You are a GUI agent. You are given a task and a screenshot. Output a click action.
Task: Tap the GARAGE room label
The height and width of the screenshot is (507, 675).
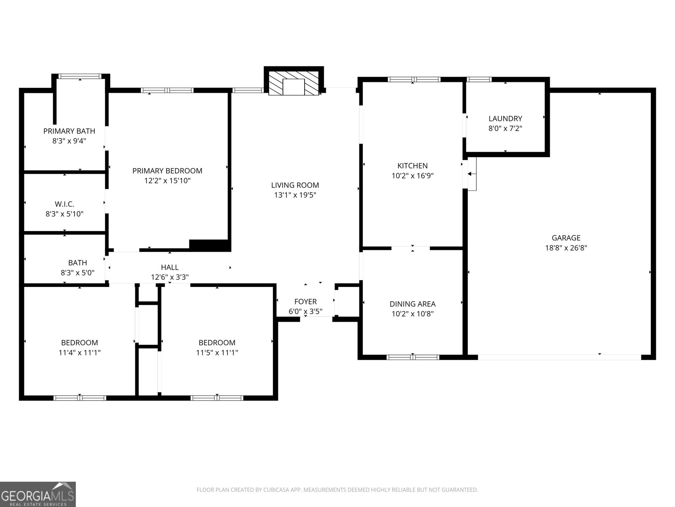point(566,238)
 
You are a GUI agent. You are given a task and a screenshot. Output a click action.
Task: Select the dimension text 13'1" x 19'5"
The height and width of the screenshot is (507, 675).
point(295,195)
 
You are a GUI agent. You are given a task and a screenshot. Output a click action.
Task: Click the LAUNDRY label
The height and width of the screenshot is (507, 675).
point(505,119)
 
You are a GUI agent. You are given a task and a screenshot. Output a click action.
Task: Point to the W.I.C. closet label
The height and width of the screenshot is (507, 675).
point(65,204)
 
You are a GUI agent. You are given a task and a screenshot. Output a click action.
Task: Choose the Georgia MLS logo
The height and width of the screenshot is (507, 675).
point(38,494)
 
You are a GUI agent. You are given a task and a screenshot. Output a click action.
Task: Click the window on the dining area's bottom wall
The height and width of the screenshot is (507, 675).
point(413,357)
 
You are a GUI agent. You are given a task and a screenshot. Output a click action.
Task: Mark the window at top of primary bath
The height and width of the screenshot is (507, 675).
point(80,76)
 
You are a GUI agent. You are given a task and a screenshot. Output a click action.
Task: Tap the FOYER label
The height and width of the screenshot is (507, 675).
point(305,302)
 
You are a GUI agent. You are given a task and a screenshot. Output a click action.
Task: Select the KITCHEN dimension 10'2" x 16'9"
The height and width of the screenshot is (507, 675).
point(412,175)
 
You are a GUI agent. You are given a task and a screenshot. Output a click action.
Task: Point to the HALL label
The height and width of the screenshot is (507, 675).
point(170,267)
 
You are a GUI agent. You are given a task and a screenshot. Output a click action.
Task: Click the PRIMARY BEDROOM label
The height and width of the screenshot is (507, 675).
point(167,171)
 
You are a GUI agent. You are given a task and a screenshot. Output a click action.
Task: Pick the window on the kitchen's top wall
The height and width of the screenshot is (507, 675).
point(414,79)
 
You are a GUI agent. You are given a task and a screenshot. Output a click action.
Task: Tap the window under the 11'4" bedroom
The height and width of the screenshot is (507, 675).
point(80,398)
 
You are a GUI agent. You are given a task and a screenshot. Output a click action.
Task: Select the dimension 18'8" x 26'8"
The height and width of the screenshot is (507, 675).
point(566,248)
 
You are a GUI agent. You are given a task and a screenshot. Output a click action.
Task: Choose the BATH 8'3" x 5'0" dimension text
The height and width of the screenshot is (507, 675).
point(77,273)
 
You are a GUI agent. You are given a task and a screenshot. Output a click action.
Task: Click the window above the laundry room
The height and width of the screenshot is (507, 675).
point(479,79)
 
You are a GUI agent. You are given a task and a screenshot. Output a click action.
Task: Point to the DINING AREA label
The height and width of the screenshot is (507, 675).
point(412,304)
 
